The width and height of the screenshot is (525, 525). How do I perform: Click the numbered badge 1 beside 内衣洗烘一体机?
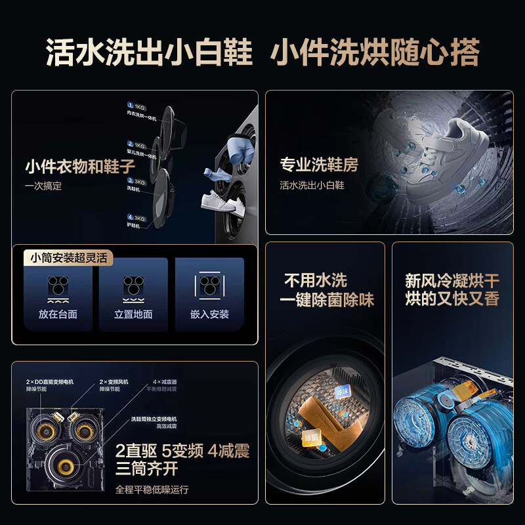pos(131,106)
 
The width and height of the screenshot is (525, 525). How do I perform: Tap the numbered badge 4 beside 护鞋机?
pos(131,217)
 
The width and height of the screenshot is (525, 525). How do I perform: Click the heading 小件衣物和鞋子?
pos(80,166)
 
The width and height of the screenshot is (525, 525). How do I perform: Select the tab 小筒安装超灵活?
pos(66,258)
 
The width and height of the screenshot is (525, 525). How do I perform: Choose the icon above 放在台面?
pos(58,286)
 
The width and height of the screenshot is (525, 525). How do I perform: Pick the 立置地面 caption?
pos(133,314)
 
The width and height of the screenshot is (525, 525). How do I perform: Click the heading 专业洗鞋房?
pos(319,165)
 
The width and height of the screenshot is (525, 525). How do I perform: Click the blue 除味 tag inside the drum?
pos(342,391)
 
